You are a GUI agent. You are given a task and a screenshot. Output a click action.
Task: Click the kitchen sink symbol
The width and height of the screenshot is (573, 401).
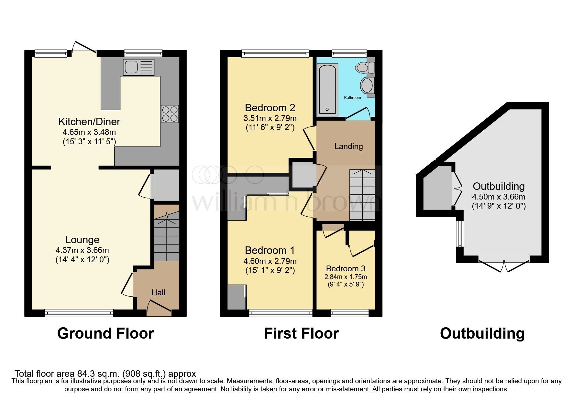click(x=138, y=67)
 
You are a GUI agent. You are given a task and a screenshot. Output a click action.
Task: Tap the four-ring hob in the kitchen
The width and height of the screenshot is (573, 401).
click(x=170, y=114)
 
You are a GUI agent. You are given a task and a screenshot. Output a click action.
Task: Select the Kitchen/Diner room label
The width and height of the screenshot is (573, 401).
click(x=89, y=122)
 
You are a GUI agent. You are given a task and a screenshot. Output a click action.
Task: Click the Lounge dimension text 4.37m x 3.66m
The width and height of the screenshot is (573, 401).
click(x=82, y=250)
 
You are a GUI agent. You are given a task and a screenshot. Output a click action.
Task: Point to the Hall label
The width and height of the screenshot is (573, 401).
click(x=158, y=292)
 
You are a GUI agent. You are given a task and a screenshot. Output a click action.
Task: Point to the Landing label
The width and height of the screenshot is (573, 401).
click(x=348, y=146)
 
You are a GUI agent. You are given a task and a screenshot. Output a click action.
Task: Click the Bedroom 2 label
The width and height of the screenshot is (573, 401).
click(x=270, y=107)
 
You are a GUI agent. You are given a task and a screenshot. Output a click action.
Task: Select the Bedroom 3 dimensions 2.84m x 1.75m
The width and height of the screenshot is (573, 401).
click(x=346, y=277)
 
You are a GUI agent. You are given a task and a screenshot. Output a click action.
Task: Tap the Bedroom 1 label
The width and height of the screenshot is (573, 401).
click(x=270, y=250)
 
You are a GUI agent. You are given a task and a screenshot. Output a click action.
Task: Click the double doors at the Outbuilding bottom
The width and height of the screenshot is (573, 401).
click(x=504, y=266)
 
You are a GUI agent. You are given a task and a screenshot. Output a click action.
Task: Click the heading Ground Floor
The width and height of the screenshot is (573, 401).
click(x=105, y=333)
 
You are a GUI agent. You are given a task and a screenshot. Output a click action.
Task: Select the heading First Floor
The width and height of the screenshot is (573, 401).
click(x=301, y=333)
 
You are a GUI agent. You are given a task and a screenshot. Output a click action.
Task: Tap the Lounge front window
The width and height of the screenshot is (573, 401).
click(x=79, y=312)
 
